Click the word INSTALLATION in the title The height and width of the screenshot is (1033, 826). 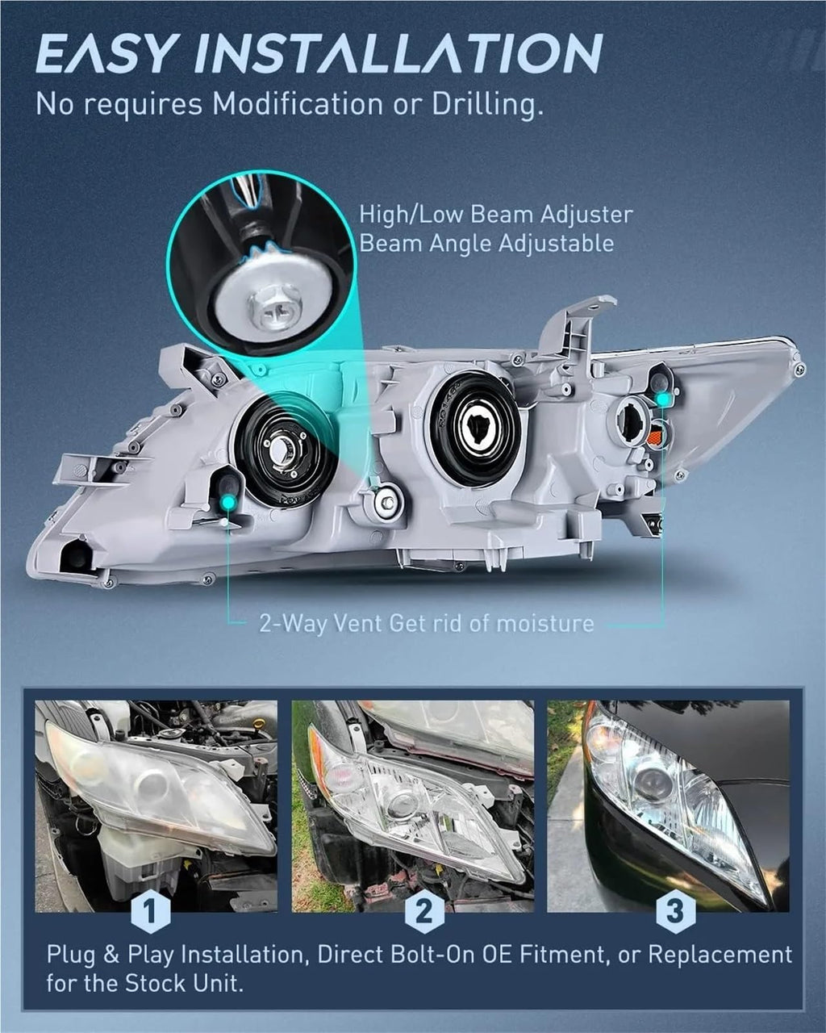coord(398,52)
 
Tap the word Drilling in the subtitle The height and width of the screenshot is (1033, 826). coord(488,105)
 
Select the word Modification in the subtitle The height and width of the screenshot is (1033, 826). coord(298,103)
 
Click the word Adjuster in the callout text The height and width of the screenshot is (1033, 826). coord(586,214)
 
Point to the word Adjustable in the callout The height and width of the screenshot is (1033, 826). coord(557,244)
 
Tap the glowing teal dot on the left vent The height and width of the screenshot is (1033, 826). coord(229,503)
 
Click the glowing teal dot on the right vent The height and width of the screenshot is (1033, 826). coord(663,399)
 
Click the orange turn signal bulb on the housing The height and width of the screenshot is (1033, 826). coord(656,439)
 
